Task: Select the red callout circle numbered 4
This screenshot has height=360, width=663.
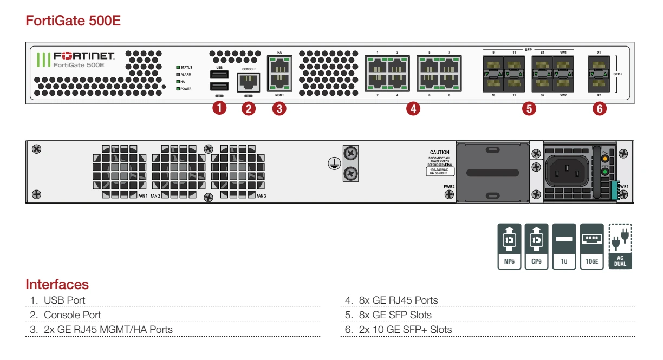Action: tap(413, 108)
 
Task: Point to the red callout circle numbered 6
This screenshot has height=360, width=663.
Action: tap(599, 108)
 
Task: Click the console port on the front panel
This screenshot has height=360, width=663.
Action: tap(248, 82)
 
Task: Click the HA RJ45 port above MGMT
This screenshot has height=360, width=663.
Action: tap(279, 66)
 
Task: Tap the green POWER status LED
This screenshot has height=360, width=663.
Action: tap(178, 89)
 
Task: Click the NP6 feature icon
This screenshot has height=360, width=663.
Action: tap(510, 246)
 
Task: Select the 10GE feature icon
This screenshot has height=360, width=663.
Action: tap(591, 246)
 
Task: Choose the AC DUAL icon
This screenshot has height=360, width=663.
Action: tap(620, 246)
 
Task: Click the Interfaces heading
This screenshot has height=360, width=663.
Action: tap(57, 285)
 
